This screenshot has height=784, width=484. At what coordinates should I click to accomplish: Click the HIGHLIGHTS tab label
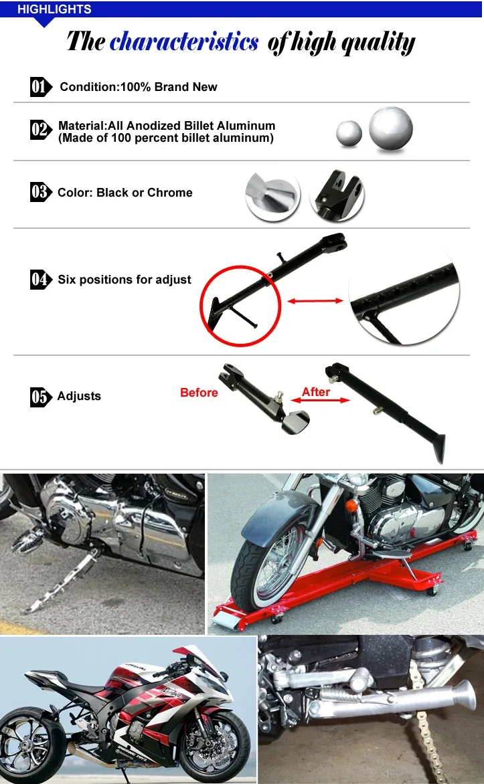point(54,9)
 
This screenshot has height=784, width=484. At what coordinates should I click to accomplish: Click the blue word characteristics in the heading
point(184,42)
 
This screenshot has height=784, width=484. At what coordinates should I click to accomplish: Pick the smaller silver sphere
point(349,134)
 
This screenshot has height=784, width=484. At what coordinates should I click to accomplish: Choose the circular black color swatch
point(337,196)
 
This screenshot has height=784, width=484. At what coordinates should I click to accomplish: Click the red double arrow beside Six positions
point(315,302)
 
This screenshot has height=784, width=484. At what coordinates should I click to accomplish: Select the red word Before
point(199,393)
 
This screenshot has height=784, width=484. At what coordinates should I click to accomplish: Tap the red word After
point(316,392)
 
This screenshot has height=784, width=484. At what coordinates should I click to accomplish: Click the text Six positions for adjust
point(125,280)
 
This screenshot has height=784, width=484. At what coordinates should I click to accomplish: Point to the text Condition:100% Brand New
point(139,87)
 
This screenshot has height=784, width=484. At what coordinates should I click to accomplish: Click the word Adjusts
point(79,396)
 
